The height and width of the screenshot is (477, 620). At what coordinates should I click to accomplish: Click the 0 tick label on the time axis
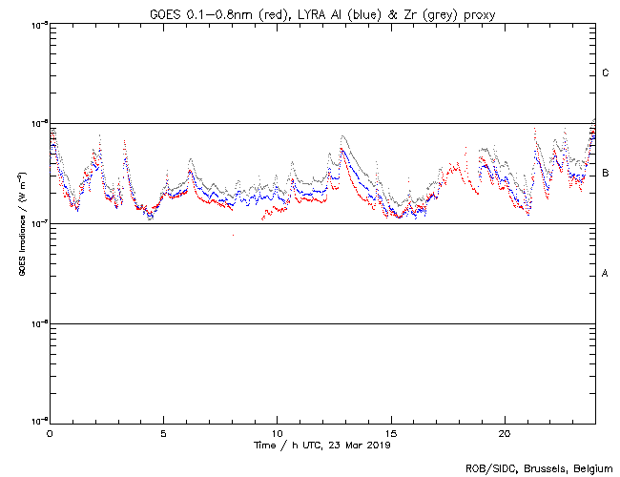50,433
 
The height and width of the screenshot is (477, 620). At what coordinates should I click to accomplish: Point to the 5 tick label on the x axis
163,433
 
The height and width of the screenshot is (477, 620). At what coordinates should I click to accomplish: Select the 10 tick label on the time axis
277,433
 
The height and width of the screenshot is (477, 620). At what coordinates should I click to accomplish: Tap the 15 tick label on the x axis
390,433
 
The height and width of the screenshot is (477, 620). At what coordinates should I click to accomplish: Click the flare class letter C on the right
606,73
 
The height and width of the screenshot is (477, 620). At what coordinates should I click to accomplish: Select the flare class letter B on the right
606,174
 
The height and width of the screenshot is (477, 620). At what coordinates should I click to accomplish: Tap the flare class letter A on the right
606,274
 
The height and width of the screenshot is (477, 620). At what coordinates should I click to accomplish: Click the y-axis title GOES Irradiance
22,224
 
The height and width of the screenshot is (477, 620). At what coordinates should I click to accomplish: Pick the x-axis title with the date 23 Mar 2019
321,446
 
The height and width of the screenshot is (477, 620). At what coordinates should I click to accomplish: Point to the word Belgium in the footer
591,468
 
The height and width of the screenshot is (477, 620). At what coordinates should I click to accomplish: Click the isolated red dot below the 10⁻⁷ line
232,235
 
